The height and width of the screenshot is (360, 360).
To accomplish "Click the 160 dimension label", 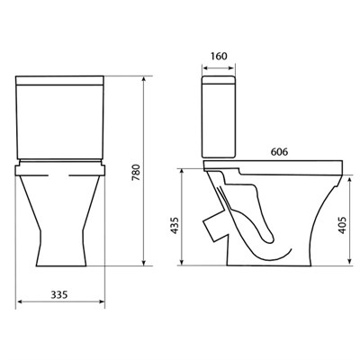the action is click(x=219, y=56).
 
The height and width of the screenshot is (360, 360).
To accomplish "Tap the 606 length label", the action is click(x=279, y=152).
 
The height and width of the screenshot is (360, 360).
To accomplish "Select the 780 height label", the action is click(x=136, y=173).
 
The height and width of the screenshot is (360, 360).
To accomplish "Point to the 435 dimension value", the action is click(x=175, y=226).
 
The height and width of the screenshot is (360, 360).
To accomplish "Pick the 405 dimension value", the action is click(x=342, y=225).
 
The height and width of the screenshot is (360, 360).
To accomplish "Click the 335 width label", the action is click(x=59, y=295).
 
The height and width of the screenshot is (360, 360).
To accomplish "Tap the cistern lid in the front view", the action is click(x=59, y=81).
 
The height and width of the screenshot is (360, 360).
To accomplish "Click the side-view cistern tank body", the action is click(x=219, y=117).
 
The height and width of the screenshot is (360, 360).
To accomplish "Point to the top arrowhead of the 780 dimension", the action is click(x=144, y=79).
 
